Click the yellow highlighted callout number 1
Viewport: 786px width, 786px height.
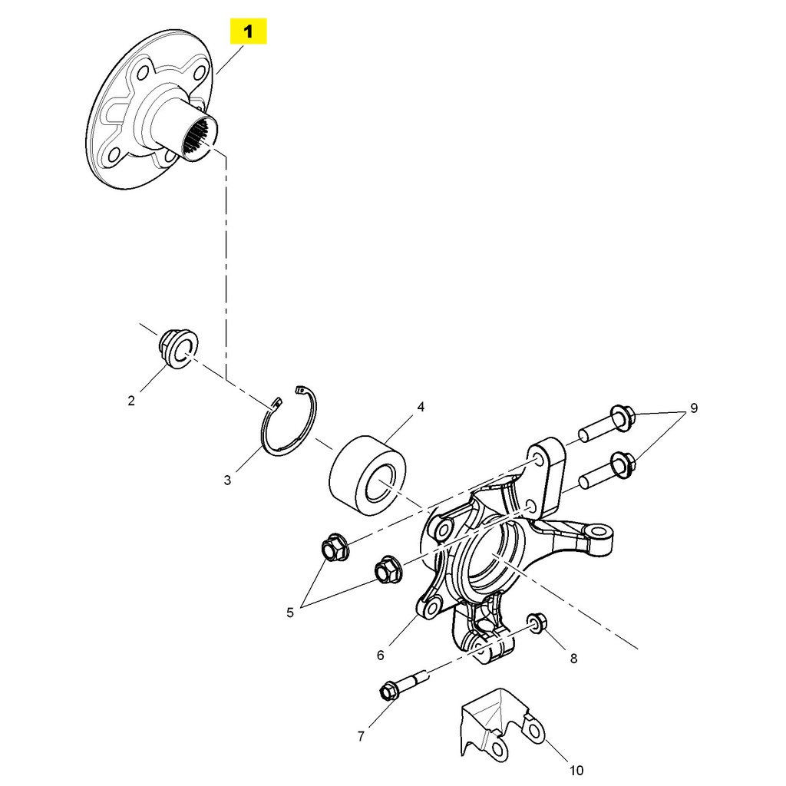(x=248, y=32)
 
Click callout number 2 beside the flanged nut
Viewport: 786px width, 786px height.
(x=131, y=400)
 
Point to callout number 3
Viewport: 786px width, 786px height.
(x=227, y=481)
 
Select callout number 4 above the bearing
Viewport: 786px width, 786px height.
(x=421, y=407)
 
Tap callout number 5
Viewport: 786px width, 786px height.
(x=290, y=613)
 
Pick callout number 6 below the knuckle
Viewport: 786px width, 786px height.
(x=380, y=655)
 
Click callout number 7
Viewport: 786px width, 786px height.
(x=361, y=736)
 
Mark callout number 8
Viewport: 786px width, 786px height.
(x=573, y=658)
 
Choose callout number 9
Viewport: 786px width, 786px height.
(x=694, y=408)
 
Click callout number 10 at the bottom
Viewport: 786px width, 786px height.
(x=576, y=770)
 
